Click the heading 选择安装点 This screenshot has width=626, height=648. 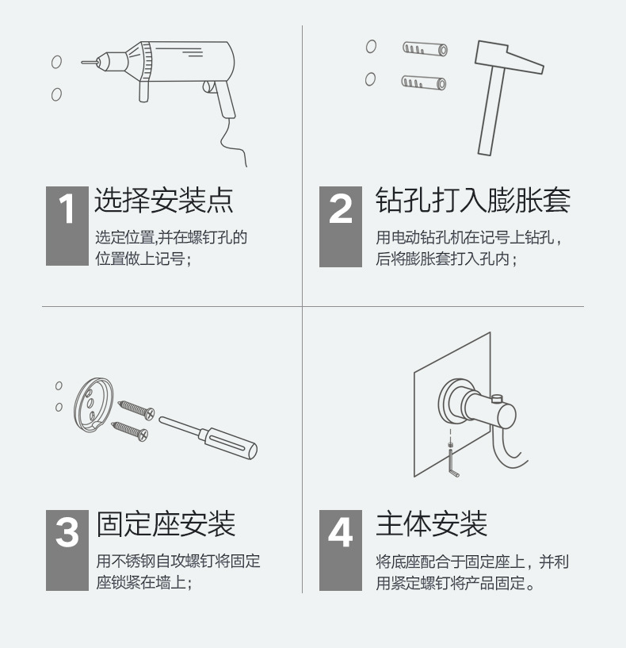(x=164, y=201)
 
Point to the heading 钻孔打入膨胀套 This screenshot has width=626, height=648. (x=472, y=201)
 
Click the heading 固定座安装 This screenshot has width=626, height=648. (x=166, y=524)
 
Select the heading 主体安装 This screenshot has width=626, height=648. (x=431, y=524)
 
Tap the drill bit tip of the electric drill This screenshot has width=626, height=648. (x=82, y=61)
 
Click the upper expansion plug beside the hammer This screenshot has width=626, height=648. (x=423, y=48)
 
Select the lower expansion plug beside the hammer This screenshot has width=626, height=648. (x=423, y=81)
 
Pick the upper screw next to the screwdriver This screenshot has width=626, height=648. (x=137, y=409)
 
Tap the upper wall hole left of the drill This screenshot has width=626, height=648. (x=56, y=62)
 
